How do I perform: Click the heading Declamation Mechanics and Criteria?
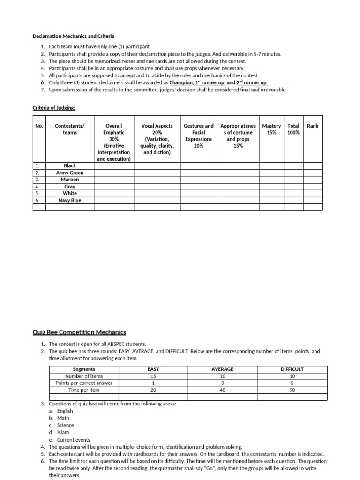73,36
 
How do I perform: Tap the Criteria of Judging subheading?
53,108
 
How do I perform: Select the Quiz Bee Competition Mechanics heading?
79,332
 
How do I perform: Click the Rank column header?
312,126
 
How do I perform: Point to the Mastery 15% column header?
271,129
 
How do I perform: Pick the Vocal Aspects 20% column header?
157,139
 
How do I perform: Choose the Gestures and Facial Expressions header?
198,135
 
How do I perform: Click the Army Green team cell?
70,172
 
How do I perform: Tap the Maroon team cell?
70,180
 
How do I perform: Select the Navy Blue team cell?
70,200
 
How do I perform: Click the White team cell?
70,193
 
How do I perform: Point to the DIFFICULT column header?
292,369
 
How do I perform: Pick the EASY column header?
153,369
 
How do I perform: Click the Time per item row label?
84,390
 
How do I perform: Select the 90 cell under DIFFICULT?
292,390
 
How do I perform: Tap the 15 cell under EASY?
153,376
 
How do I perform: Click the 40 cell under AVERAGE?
222,390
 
